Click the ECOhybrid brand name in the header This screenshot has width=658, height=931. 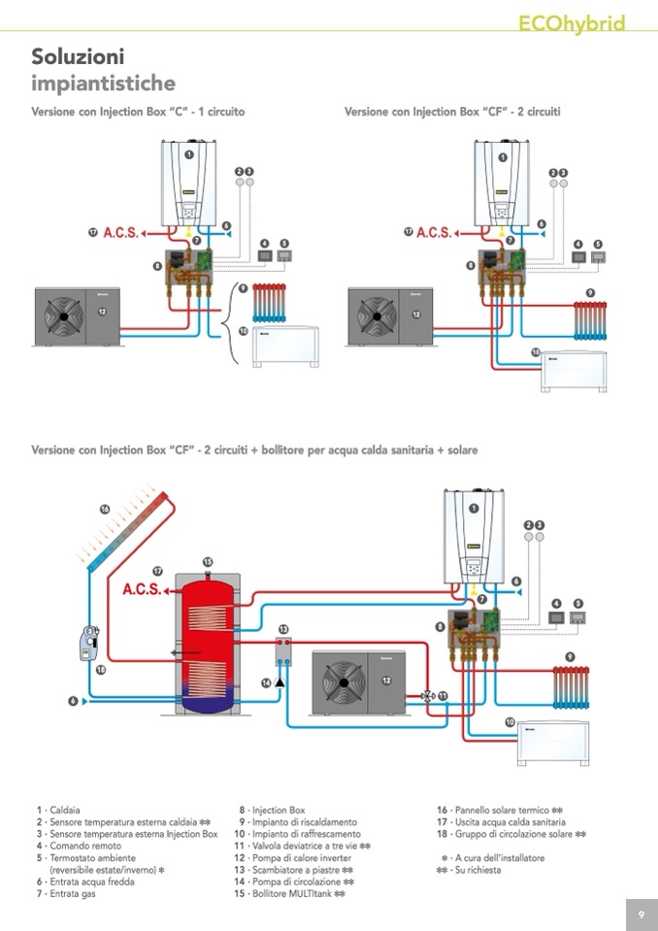click(x=572, y=23)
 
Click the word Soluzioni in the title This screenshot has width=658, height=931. click(x=78, y=56)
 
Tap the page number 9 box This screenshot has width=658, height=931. click(x=642, y=914)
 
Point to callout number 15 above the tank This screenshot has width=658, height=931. click(x=208, y=562)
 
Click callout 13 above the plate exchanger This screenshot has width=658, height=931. click(x=283, y=630)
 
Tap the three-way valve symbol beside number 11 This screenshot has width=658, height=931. click(x=428, y=695)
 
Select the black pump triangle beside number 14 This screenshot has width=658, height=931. click(x=280, y=682)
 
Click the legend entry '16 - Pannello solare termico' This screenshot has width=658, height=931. click(x=500, y=810)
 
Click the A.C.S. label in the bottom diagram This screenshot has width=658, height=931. click(x=142, y=589)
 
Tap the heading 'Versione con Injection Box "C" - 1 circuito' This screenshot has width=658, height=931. click(x=138, y=112)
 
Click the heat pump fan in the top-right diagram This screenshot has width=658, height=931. click(x=372, y=315)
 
